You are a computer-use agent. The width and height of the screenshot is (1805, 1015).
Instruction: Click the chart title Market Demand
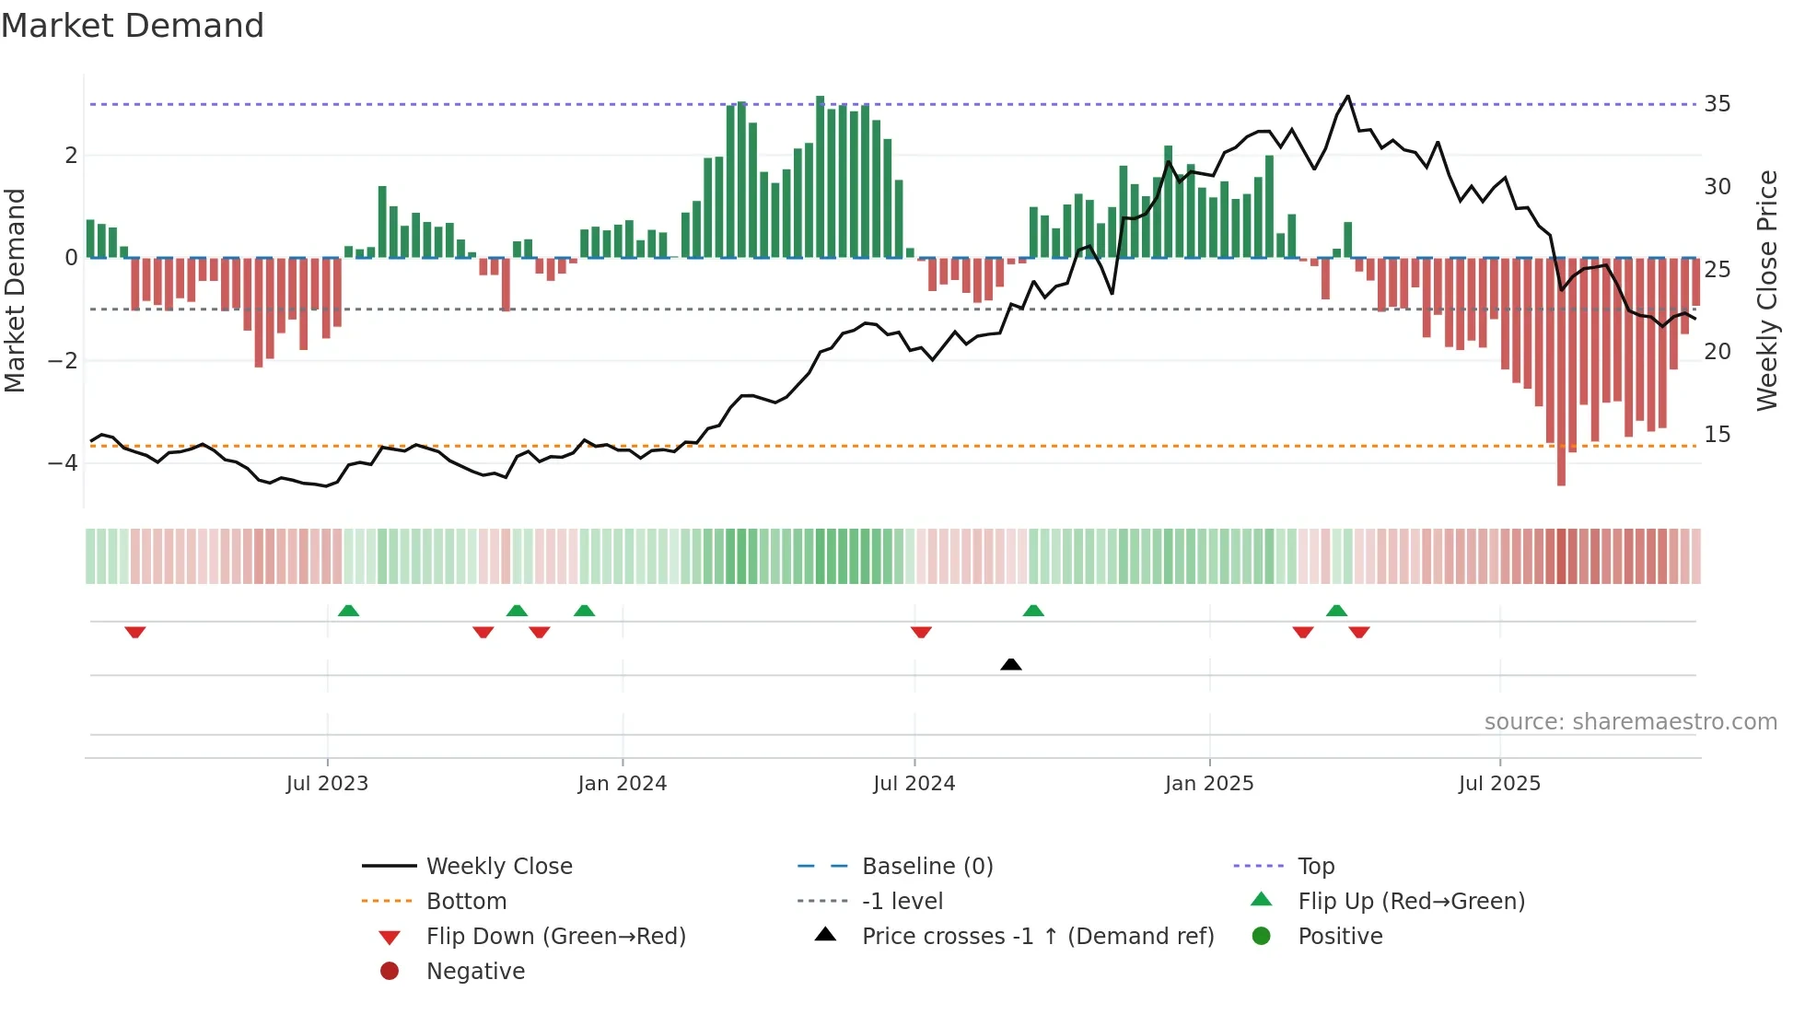coord(133,26)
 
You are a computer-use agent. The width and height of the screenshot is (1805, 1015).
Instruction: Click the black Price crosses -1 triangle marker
coord(1011,664)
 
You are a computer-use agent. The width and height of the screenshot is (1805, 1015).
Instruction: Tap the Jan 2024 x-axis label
coord(622,784)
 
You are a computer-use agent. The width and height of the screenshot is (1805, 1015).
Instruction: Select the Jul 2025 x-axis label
coord(1499,784)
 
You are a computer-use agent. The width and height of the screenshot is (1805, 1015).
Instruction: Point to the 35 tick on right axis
coord(1717,104)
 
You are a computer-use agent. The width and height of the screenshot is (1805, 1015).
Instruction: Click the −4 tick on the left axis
coord(64,462)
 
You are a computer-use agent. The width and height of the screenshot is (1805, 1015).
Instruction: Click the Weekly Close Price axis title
coord(1766,290)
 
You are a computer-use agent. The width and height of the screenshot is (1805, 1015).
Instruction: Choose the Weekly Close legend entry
coord(498,866)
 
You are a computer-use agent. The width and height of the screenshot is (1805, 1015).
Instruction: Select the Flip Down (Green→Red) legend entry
coord(555,936)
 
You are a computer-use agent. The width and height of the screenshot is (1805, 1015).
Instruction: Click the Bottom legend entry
coord(466,901)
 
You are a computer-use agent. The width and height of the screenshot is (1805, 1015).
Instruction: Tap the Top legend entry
coord(1315,866)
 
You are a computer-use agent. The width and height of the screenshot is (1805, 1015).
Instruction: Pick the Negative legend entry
coord(475,971)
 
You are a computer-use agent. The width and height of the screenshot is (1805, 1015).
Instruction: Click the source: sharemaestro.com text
coord(1630,721)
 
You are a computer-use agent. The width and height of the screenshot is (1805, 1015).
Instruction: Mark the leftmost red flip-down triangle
coord(135,632)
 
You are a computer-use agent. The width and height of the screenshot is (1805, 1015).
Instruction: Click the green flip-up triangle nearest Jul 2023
coord(348,611)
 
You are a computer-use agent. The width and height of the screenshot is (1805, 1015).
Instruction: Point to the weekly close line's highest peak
coord(1348,97)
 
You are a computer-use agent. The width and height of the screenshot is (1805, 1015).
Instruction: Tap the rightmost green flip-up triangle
coord(1336,611)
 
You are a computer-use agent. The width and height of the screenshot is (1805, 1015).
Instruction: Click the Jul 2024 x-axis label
coord(914,784)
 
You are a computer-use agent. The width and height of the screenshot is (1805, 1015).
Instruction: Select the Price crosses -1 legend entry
coord(1037,936)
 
